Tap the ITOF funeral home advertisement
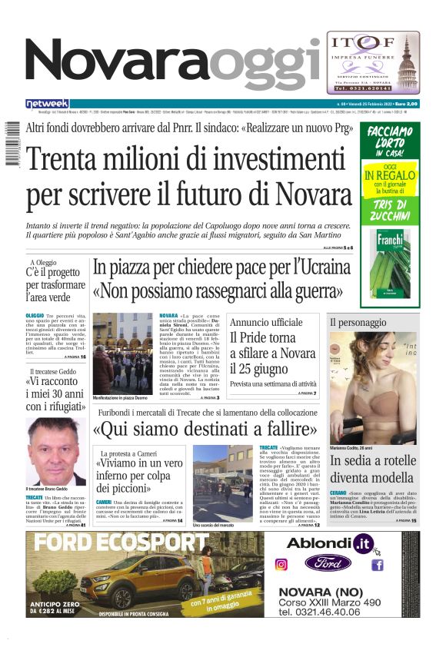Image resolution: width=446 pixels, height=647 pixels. point(373,62)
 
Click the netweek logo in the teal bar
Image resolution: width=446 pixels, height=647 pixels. point(48,104)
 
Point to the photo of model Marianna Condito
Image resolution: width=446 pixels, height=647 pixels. point(372,389)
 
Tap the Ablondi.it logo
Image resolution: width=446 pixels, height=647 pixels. point(330,543)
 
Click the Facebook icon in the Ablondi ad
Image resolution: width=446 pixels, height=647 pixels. point(378,565)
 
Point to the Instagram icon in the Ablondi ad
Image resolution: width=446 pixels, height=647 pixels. point(281,565)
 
